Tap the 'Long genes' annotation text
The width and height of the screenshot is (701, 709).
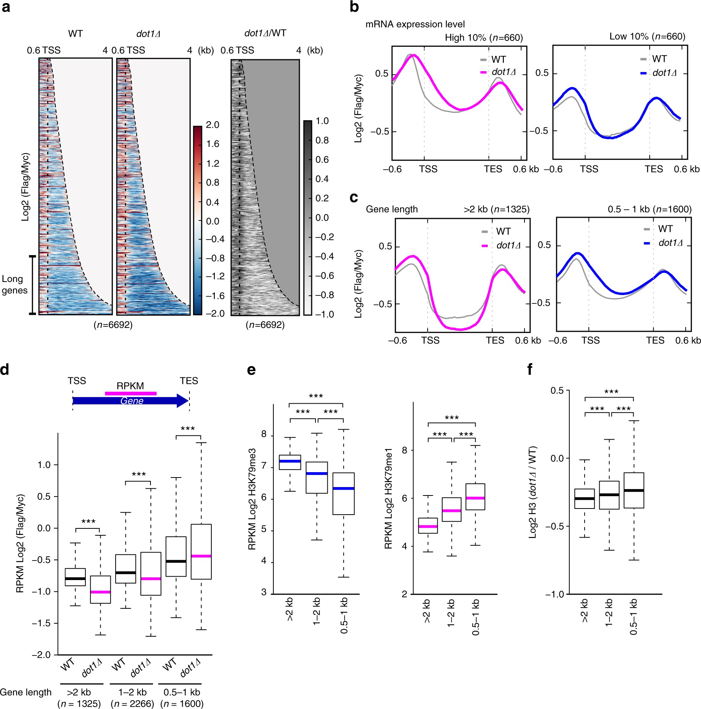15,284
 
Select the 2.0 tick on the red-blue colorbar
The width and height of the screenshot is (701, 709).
212,125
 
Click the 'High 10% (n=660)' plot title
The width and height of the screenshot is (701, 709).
484,37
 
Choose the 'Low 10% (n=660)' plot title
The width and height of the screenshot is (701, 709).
647,37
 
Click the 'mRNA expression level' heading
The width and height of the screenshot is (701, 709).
415,24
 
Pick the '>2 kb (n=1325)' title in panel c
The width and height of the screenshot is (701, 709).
497,209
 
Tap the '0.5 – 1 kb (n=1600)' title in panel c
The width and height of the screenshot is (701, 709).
649,209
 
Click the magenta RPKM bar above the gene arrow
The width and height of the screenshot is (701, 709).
131,393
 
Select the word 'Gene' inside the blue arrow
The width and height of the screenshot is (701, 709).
132,401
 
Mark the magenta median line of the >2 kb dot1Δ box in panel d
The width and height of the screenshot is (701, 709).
100,592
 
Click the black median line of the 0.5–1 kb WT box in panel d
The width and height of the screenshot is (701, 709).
176,561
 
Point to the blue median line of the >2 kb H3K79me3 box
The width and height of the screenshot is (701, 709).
290,461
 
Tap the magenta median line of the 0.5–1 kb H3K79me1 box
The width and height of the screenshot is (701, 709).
476,498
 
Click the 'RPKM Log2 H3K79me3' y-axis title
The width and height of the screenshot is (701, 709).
252,499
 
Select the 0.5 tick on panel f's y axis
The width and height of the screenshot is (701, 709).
557,391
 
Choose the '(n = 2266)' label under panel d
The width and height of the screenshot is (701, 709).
132,704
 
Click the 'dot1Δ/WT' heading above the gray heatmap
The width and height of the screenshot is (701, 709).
265,33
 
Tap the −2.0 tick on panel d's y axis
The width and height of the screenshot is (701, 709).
41,655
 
